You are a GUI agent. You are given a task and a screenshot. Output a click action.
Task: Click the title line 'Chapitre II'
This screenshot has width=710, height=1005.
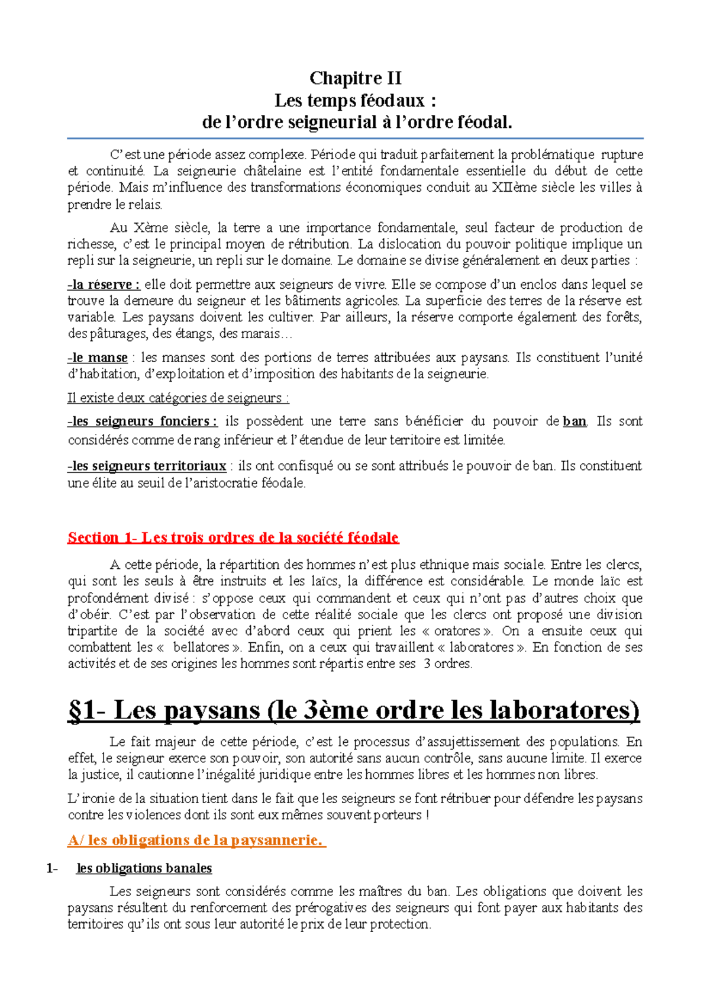click(x=355, y=78)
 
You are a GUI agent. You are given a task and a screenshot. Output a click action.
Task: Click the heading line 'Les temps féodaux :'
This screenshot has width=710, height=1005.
click(x=355, y=101)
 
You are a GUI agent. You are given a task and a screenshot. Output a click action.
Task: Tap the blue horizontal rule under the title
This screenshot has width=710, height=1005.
click(x=355, y=138)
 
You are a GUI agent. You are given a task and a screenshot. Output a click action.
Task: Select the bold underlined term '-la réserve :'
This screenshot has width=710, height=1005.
click(x=104, y=285)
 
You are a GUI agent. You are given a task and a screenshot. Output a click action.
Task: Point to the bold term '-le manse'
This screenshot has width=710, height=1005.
click(x=98, y=357)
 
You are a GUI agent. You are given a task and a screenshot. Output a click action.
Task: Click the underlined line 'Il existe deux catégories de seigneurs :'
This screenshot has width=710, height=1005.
click(x=178, y=398)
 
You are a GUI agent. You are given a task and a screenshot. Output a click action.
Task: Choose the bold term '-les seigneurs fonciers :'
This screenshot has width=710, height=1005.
click(x=143, y=421)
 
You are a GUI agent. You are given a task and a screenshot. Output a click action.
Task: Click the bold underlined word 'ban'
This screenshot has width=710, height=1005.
click(x=575, y=421)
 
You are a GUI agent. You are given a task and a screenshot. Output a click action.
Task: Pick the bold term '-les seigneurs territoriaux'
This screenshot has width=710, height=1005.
click(x=147, y=466)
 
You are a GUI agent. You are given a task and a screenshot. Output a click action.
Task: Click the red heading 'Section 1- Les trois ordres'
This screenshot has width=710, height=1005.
click(x=233, y=537)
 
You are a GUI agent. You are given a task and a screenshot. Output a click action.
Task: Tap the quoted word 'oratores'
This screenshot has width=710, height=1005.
click(x=456, y=631)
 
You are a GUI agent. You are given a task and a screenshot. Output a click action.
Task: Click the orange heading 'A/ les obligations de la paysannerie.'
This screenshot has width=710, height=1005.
click(x=196, y=840)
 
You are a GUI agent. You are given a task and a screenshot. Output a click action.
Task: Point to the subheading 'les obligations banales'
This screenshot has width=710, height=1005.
click(x=144, y=868)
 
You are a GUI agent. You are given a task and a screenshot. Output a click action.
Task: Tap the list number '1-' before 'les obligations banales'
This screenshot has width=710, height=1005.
click(x=52, y=868)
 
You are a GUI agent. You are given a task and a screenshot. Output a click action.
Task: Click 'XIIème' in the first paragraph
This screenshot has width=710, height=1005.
click(x=514, y=188)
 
